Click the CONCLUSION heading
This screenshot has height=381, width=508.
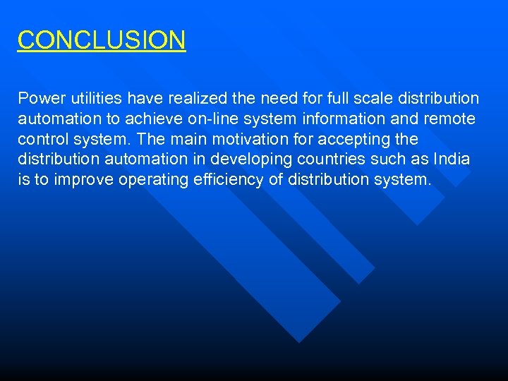(102, 40)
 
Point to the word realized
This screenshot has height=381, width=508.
(198, 98)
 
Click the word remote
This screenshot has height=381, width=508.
(449, 119)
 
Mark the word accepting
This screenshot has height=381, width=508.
(356, 139)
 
